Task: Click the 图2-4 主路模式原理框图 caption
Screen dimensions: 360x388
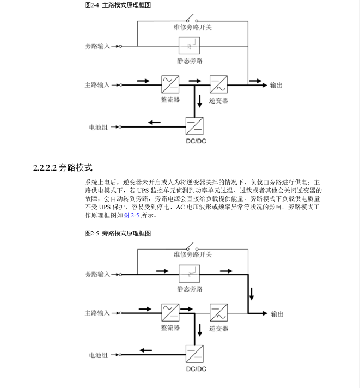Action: [x=118, y=5]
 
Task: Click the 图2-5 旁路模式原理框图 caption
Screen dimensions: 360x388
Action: [x=118, y=233]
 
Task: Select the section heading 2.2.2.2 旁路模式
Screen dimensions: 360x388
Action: [x=63, y=167]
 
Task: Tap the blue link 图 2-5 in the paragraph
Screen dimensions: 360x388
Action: [x=131, y=215]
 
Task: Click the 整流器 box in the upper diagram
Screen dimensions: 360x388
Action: [x=170, y=84]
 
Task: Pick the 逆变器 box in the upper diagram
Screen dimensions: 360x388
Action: [x=218, y=84]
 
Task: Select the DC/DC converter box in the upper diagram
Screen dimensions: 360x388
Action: [x=194, y=126]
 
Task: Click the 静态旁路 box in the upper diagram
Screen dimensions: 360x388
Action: [x=190, y=46]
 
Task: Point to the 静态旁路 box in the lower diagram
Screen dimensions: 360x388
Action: [x=190, y=274]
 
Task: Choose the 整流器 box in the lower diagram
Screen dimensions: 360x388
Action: [x=170, y=313]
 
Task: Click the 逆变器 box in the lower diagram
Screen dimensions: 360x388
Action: [x=218, y=313]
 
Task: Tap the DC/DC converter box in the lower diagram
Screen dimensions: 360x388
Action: [x=194, y=354]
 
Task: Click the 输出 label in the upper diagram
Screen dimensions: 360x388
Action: [x=276, y=85]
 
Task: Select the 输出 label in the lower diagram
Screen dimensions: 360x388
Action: [x=277, y=314]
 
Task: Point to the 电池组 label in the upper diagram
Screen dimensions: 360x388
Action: [x=99, y=127]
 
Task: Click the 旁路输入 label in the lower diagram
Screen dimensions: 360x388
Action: [x=97, y=274]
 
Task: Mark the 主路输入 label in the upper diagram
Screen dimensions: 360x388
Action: [x=97, y=85]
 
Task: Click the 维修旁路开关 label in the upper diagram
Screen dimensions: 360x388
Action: [x=193, y=27]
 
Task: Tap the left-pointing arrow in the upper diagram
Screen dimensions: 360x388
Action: [x=154, y=122]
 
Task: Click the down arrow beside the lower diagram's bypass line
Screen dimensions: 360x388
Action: [x=252, y=294]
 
